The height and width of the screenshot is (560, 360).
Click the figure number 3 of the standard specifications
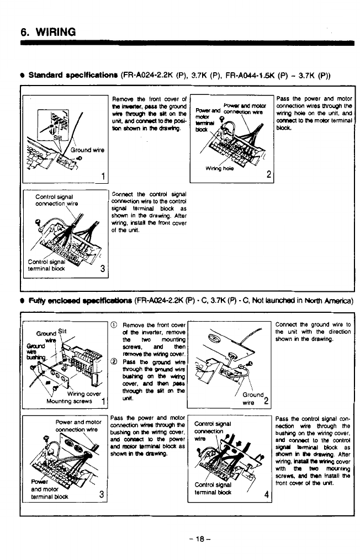pyautogui.click(x=102, y=269)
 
